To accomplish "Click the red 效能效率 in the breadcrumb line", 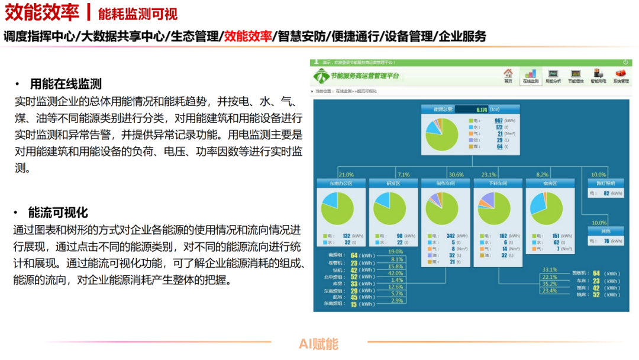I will pyautogui.click(x=248, y=36).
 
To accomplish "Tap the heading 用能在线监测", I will pyautogui.click(x=66, y=84).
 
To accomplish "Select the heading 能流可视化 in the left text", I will pyautogui.click(x=58, y=212).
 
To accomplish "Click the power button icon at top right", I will pyautogui.click(x=625, y=62).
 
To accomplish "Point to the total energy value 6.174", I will pyautogui.click(x=482, y=110).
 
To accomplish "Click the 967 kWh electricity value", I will pyautogui.click(x=498, y=121).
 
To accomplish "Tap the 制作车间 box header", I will pyautogui.click(x=446, y=184).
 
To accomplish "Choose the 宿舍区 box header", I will pyautogui.click(x=550, y=184).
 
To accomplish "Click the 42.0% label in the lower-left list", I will pyautogui.click(x=395, y=273).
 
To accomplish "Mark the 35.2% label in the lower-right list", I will pyautogui.click(x=550, y=284).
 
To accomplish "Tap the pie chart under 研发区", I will pyautogui.click(x=390, y=208).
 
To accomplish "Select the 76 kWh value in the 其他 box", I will pyautogui.click(x=605, y=241).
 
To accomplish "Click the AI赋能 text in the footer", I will pyautogui.click(x=318, y=343).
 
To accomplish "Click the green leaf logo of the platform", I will pyautogui.click(x=321, y=76).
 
